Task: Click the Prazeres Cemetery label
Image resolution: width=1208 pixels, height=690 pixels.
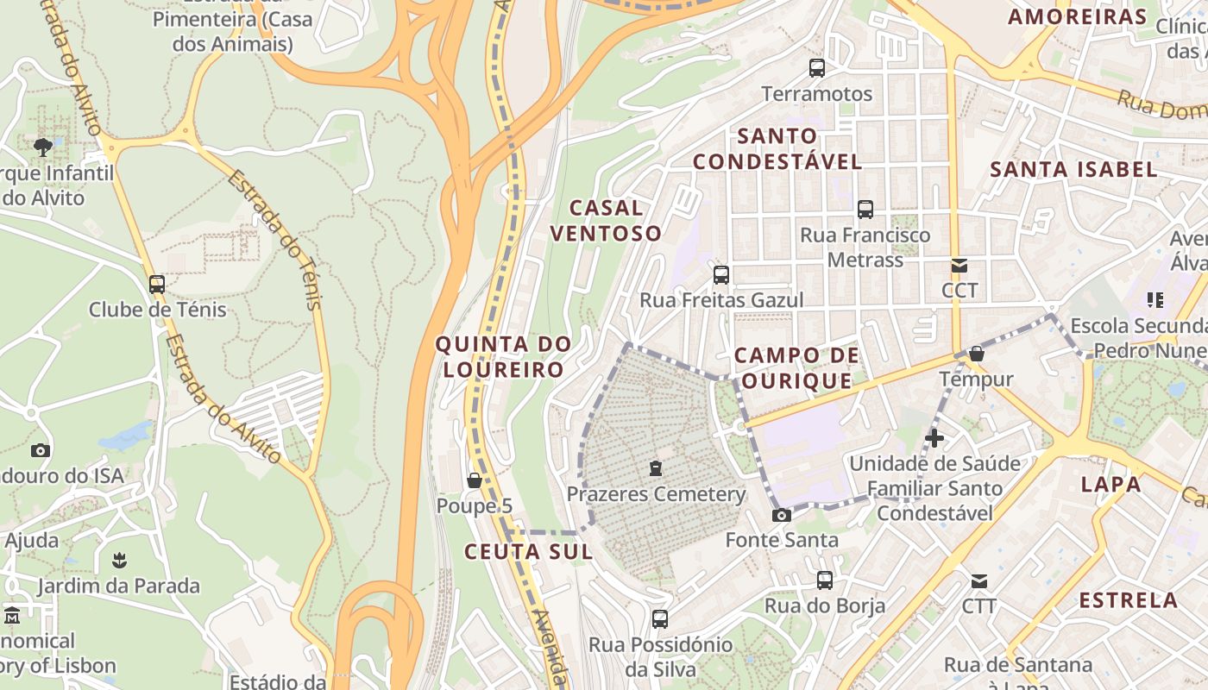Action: tap(656, 494)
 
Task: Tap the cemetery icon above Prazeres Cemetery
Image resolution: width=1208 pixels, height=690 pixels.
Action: tap(656, 468)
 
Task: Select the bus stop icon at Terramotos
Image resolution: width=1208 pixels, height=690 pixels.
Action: tap(816, 67)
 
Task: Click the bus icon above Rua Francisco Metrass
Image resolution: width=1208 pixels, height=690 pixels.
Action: tap(865, 209)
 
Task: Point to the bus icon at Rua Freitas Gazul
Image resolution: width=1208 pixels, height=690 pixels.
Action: tap(720, 275)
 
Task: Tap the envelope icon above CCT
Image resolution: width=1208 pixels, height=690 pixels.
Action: tap(959, 265)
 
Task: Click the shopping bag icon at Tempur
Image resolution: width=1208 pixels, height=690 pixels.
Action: tap(976, 354)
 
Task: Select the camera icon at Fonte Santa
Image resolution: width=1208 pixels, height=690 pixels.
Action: tap(781, 515)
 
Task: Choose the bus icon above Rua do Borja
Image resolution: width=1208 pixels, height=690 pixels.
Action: tap(825, 580)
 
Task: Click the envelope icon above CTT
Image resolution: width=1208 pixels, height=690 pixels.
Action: tap(979, 580)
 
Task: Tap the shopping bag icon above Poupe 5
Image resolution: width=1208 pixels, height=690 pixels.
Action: tap(474, 480)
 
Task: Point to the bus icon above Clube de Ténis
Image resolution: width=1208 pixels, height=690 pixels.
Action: tap(157, 284)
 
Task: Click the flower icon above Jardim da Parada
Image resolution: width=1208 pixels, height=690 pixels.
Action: tap(119, 561)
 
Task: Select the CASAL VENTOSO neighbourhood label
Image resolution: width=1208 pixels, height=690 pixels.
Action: tap(606, 220)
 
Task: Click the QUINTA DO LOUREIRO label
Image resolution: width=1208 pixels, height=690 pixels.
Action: tap(503, 357)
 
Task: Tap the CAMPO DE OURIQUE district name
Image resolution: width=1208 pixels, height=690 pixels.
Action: tap(796, 367)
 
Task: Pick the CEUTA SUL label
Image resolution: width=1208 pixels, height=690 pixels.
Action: tap(528, 552)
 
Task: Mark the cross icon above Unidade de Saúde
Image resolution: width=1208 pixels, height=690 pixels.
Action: tap(934, 438)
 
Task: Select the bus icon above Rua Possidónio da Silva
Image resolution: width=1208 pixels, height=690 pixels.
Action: tap(660, 618)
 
